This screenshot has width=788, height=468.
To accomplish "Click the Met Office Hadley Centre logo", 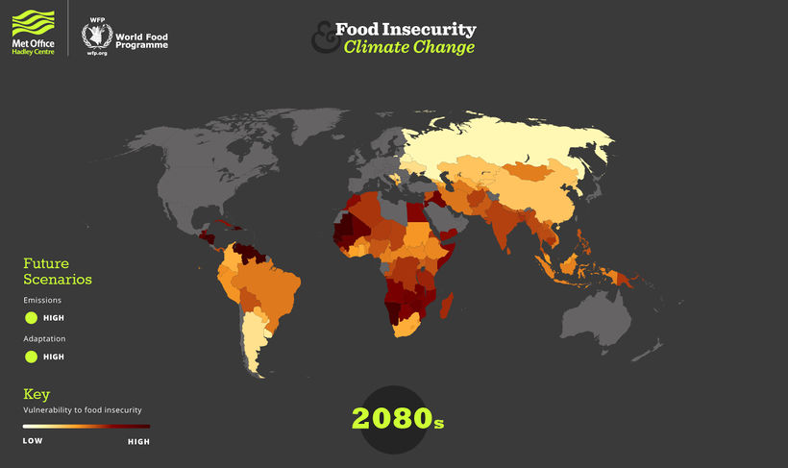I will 33,31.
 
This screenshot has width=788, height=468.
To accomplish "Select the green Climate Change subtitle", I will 409,47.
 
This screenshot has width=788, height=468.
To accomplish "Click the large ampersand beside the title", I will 323,38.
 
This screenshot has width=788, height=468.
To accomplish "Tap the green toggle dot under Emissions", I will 31,317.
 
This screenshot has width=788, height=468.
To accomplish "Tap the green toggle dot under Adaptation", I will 31,357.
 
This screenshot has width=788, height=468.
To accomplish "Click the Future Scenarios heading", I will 58,271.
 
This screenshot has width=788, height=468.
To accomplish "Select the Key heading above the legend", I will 37,394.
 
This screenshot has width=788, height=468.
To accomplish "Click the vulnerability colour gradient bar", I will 86,425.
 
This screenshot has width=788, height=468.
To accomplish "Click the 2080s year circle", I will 397,419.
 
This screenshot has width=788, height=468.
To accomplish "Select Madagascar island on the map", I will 447,308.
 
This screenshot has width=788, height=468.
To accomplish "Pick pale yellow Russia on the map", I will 509,144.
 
